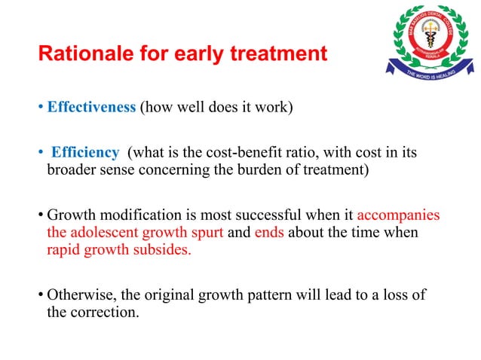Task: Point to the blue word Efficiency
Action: (84, 153)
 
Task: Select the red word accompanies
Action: (400, 215)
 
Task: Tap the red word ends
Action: (268, 232)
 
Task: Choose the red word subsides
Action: (165, 249)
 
